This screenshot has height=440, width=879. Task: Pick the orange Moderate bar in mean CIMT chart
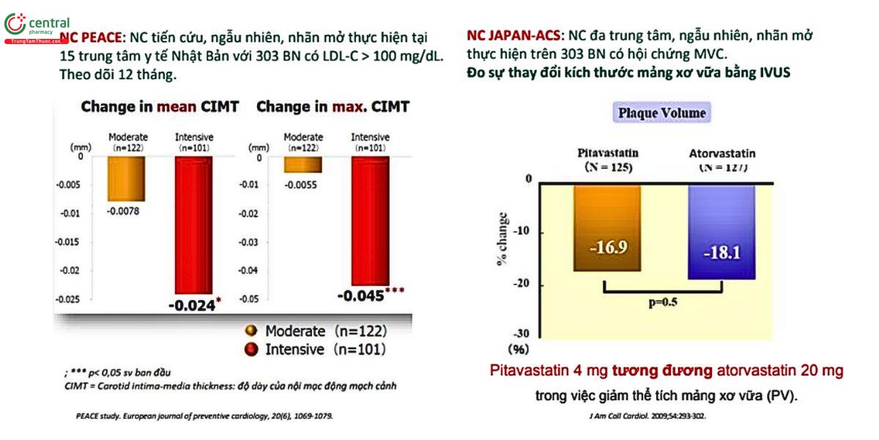[127, 178]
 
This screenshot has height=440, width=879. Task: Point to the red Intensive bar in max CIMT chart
[370, 220]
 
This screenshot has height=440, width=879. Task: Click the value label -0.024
[191, 305]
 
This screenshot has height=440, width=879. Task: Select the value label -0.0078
[123, 211]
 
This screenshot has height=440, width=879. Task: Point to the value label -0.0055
[300, 185]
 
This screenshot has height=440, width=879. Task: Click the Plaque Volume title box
[662, 114]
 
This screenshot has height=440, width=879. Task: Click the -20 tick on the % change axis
[522, 285]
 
